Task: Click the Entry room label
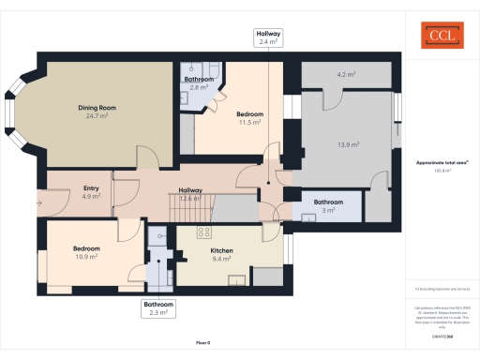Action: click(91, 188)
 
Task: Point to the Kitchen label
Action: click(221, 251)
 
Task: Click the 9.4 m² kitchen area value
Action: click(221, 260)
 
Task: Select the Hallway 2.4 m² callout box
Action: click(268, 37)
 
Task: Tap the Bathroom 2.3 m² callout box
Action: click(158, 309)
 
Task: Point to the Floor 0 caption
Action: click(203, 343)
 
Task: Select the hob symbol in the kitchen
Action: click(202, 232)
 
